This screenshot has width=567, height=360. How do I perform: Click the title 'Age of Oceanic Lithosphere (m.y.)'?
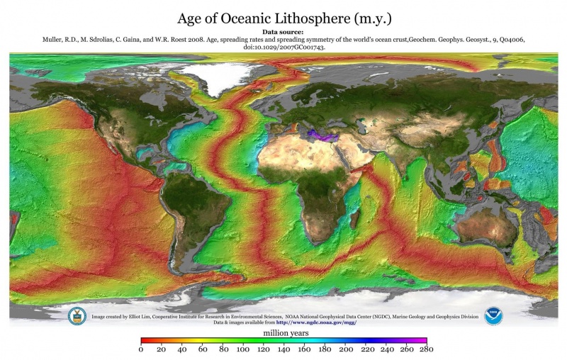tap(283, 16)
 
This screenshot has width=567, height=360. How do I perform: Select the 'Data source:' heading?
tap(283, 33)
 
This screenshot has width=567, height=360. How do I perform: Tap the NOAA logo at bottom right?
tap(493, 316)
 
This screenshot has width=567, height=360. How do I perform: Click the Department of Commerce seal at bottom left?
tap(76, 316)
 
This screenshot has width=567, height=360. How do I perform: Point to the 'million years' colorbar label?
tap(283, 332)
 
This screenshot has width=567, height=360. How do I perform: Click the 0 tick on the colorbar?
tap(141, 349)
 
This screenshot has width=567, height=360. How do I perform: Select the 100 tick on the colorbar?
tap(243, 349)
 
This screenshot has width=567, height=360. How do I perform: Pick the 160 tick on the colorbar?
tap(304, 349)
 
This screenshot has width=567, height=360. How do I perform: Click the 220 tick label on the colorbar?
tap(366, 349)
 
